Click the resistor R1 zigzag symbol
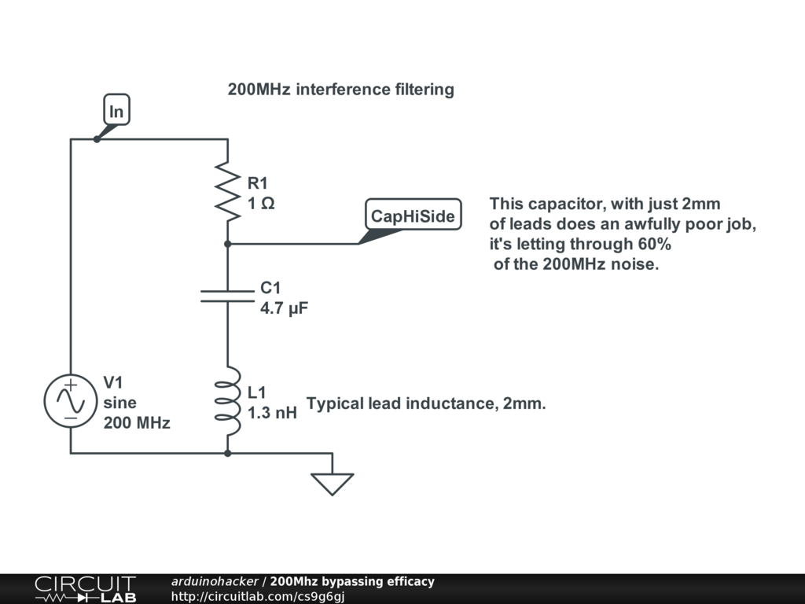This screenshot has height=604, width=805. pyautogui.click(x=227, y=192)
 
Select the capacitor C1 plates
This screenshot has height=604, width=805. pyautogui.click(x=227, y=296)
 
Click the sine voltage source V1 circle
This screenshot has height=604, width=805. pyautogui.click(x=71, y=401)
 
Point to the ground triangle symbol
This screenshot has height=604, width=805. pyautogui.click(x=333, y=483)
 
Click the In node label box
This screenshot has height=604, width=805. pyautogui.click(x=116, y=112)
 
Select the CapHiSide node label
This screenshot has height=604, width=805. pyautogui.click(x=413, y=215)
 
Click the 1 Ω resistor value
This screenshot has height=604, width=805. pyautogui.click(x=261, y=204)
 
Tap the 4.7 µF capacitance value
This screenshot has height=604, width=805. pyautogui.click(x=284, y=308)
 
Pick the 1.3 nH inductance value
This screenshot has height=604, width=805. pyautogui.click(x=272, y=412)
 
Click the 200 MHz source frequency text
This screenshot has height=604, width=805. pyautogui.click(x=137, y=422)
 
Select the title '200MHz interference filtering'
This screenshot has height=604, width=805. pyautogui.click(x=340, y=90)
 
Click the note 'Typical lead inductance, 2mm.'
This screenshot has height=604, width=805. pyautogui.click(x=426, y=404)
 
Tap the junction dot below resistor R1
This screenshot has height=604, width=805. pyautogui.click(x=227, y=244)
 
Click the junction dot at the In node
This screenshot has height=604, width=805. pyautogui.click(x=97, y=139)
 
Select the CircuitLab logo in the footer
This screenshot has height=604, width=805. pyautogui.click(x=85, y=589)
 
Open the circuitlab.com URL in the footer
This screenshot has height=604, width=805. pyautogui.click(x=258, y=597)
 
